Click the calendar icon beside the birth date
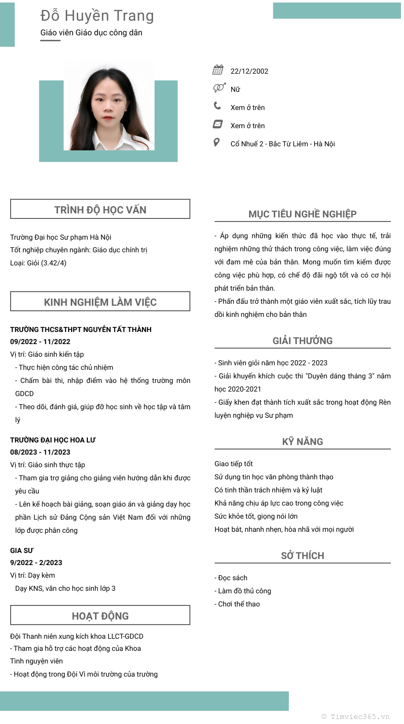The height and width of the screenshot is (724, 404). pyautogui.click(x=218, y=70)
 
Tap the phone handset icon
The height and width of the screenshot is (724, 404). pyautogui.click(x=217, y=106)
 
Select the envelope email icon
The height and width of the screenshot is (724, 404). pyautogui.click(x=218, y=124)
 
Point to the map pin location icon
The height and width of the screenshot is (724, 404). pyautogui.click(x=217, y=143)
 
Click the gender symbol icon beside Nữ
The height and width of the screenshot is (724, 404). pyautogui.click(x=219, y=88)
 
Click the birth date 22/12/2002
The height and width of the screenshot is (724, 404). pyautogui.click(x=249, y=71)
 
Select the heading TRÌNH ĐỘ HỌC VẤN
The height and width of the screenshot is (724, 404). pyautogui.click(x=100, y=210)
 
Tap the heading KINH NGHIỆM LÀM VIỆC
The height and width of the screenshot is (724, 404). pyautogui.click(x=100, y=302)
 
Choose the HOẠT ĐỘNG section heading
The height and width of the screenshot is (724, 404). pyautogui.click(x=100, y=616)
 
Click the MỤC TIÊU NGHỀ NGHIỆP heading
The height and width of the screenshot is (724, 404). pyautogui.click(x=302, y=214)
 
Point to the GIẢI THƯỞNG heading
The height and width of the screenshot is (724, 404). pyautogui.click(x=302, y=341)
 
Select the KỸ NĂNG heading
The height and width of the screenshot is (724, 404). pyautogui.click(x=302, y=441)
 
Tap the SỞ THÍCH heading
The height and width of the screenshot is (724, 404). pyautogui.click(x=302, y=555)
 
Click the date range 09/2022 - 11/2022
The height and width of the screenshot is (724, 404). pyautogui.click(x=40, y=342)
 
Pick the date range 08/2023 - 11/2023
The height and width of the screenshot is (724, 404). pyautogui.click(x=40, y=452)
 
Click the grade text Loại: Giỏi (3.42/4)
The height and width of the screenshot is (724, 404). pyautogui.click(x=38, y=263)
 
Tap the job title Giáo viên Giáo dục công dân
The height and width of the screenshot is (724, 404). pyautogui.click(x=91, y=33)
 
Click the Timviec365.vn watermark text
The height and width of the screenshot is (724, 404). pyautogui.click(x=356, y=716)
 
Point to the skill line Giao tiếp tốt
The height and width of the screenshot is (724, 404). pyautogui.click(x=234, y=464)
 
